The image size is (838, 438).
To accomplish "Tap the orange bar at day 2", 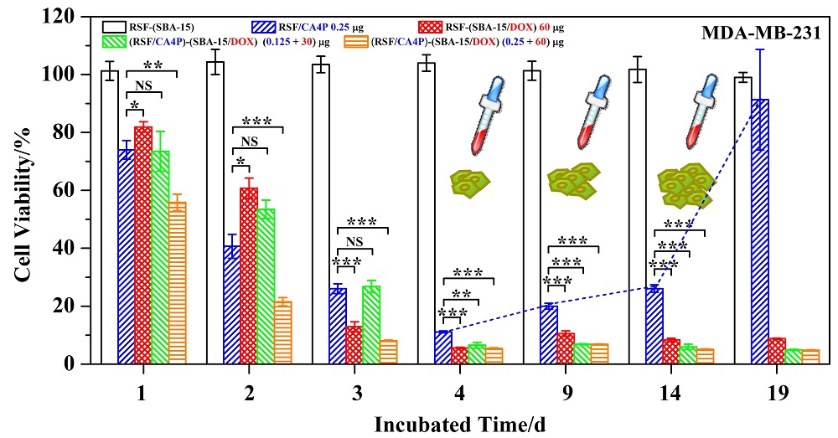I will point(282,332).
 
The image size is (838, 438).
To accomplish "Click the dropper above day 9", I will point(578,117).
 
